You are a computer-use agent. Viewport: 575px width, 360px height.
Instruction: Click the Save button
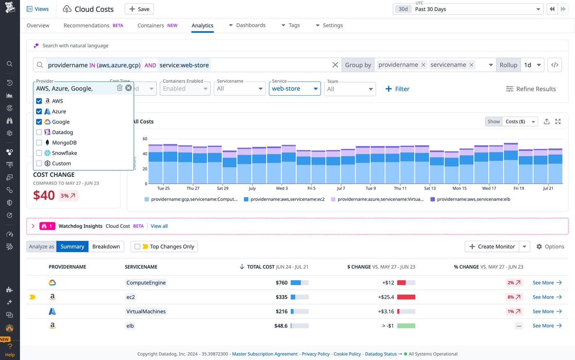(139, 9)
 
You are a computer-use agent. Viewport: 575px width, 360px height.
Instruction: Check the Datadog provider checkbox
(39, 132)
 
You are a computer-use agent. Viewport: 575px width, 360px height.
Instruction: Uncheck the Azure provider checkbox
(39, 111)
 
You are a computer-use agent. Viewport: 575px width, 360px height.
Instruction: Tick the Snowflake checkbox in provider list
(39, 153)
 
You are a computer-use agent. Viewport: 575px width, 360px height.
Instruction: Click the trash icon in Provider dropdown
(120, 88)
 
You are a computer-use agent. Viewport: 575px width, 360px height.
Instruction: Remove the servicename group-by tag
(471, 65)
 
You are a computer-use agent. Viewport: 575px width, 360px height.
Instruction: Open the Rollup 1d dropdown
(533, 65)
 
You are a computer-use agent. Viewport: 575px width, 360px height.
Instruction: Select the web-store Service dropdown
(294, 89)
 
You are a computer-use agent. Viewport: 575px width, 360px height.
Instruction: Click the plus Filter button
(397, 89)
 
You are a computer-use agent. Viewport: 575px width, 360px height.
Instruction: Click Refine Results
(531, 89)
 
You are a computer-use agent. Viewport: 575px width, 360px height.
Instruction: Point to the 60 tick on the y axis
(145, 139)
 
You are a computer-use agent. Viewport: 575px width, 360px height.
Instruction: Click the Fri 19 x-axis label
(519, 188)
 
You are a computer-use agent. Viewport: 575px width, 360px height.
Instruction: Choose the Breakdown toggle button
(106, 247)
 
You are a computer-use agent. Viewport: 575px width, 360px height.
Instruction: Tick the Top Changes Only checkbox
(138, 247)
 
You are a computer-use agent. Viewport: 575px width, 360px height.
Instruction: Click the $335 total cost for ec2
(281, 297)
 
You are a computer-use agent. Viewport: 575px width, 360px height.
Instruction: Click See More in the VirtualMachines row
(547, 312)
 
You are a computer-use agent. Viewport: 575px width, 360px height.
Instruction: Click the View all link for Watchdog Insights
(159, 226)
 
